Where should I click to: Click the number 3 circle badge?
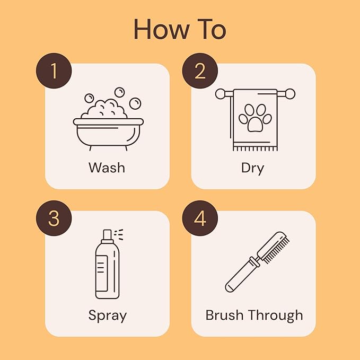click(54, 218)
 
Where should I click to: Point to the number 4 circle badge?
click(199, 218)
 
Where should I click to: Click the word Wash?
click(107, 168)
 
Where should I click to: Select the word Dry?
click(252, 168)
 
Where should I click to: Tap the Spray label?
click(107, 315)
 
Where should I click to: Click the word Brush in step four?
click(227, 315)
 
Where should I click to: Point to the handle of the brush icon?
click(238, 277)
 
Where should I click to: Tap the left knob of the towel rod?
click(220, 94)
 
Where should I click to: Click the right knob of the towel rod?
click(289, 94)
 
